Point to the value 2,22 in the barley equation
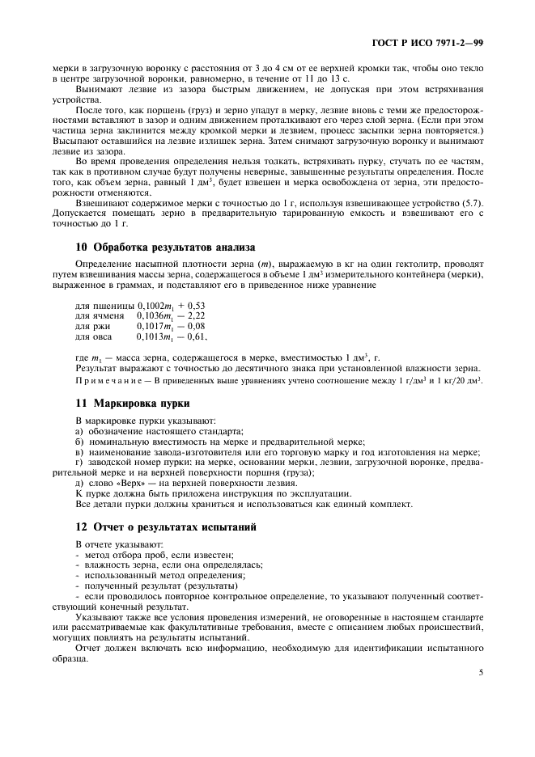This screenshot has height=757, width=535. (195, 315)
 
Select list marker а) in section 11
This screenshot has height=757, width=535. (79, 432)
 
